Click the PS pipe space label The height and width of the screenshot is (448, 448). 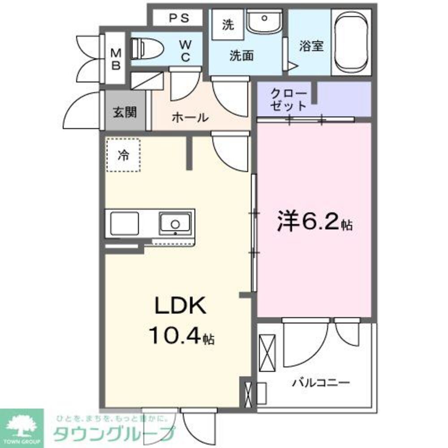(179, 19)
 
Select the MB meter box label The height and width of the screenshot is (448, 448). (116, 59)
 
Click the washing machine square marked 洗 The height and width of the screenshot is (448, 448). (228, 25)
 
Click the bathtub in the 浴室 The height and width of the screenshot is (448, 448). (352, 43)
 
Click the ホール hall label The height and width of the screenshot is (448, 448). (190, 118)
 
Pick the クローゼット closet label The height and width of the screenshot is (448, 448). (289, 100)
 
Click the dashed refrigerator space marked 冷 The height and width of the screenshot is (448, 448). (123, 155)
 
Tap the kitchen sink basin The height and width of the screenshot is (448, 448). (175, 222)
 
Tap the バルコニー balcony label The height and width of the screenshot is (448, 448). (321, 383)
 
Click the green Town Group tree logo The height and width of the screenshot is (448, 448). (22, 428)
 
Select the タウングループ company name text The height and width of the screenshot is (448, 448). (114, 434)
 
